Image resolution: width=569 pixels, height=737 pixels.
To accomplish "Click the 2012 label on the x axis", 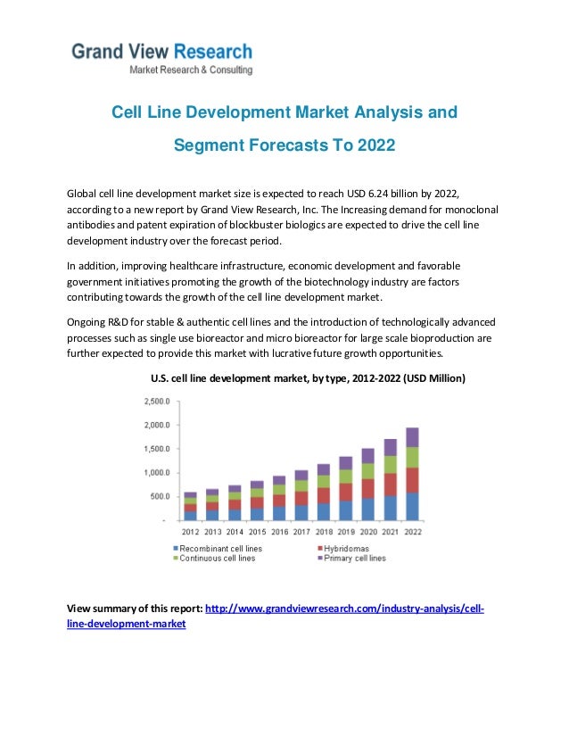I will [x=191, y=532].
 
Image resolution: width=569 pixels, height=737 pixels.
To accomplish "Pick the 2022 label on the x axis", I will [x=412, y=532].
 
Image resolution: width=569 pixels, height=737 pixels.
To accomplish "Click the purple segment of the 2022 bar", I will [x=412, y=437].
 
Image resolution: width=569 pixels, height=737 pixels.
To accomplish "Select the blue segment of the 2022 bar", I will [x=412, y=505].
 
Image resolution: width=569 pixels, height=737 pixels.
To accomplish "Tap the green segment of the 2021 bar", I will [x=390, y=464].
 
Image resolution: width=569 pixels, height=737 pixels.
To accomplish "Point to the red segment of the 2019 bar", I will [x=345, y=492].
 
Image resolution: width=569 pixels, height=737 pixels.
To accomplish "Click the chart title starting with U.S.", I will [x=307, y=378].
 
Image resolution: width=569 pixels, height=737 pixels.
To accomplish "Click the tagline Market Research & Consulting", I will [x=191, y=70].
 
